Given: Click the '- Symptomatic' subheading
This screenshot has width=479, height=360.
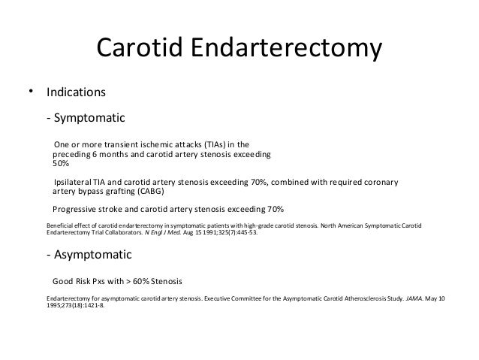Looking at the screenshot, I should click(x=85, y=119).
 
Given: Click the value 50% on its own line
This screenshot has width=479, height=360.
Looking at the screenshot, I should click(x=60, y=163).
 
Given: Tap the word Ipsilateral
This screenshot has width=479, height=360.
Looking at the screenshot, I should click(x=73, y=182).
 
